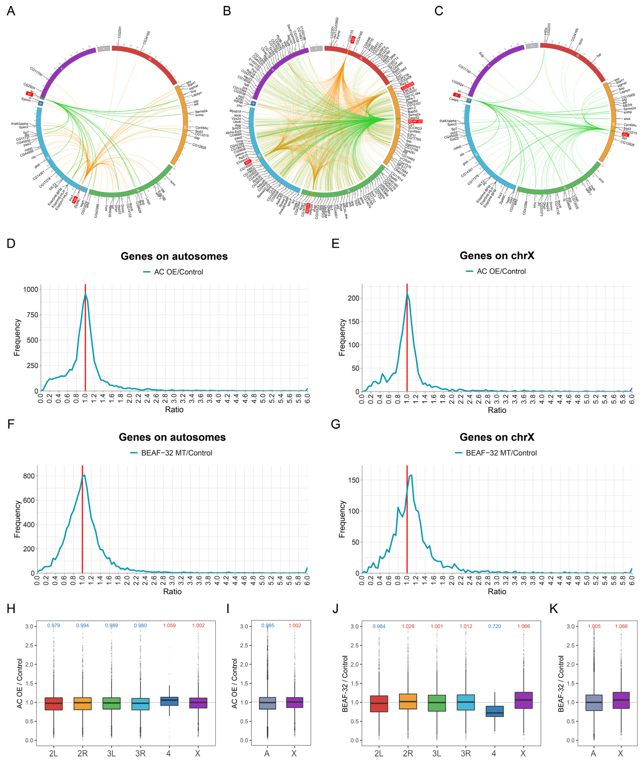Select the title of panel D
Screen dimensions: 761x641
click(x=174, y=256)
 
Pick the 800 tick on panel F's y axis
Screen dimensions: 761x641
click(x=29, y=476)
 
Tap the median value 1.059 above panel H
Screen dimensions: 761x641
click(x=169, y=625)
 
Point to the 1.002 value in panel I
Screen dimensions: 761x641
click(x=295, y=625)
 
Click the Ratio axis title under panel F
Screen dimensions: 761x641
click(x=172, y=592)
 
